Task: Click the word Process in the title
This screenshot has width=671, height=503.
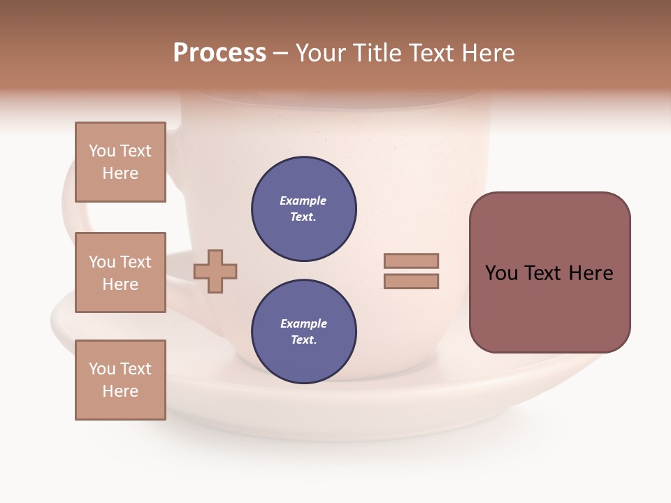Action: coord(219,53)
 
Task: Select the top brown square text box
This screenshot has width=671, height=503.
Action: coord(120,162)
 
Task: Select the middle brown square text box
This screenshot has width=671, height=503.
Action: coord(120,272)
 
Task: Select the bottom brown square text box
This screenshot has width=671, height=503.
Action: coord(120,380)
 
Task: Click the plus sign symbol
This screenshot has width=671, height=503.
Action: coord(215,270)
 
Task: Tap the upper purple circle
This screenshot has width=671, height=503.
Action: coord(303,209)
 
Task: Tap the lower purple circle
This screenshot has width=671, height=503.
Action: coord(303,331)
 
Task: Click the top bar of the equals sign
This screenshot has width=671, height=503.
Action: coord(411,261)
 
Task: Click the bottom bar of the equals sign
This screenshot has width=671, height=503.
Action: coord(411,282)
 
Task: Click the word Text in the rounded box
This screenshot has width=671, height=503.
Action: coord(544,273)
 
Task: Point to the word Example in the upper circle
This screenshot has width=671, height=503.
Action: coord(303,201)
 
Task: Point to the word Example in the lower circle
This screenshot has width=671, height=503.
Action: coord(303,323)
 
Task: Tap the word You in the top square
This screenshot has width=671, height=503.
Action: coord(102,151)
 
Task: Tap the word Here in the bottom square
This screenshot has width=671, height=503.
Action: coord(120,391)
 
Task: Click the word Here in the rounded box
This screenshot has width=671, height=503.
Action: coord(591,273)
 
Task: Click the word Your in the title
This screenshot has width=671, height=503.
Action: coord(322,53)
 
